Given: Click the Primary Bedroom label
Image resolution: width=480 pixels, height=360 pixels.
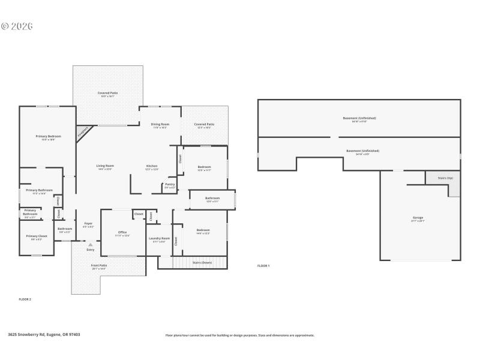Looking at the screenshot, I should pos(49,137).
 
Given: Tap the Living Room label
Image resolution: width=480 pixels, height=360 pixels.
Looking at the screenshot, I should pos(105,166).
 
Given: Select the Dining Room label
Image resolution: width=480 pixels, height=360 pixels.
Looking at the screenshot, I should pos(160,124).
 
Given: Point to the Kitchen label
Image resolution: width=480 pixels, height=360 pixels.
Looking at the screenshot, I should pos(152,166).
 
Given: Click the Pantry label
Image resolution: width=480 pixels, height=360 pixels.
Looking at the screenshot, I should pos(170,185).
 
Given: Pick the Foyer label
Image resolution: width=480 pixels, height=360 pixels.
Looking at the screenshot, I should pos(88,224).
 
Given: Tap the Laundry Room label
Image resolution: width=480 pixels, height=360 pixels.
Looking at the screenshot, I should pos(159,239).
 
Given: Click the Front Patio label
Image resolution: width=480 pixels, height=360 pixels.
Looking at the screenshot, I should pos(99,266).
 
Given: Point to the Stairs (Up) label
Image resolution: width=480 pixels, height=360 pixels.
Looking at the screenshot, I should pos(446,178).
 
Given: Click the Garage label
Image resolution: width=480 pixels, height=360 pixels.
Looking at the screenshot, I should pos(418,218).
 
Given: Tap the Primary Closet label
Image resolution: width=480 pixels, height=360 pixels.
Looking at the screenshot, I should pos(37,236).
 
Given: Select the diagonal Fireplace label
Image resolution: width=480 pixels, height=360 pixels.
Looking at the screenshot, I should pos(83,132).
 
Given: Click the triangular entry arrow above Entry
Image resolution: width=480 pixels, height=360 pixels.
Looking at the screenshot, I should pos(90,245).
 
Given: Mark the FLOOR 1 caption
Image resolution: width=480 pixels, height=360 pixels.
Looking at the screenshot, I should pos(263,265).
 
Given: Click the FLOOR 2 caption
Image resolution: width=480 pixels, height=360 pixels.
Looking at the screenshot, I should pos(25,298).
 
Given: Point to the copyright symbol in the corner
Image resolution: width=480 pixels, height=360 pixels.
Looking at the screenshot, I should pos(5,26).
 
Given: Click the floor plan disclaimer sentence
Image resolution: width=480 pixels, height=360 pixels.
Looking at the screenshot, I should pos(239,335).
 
